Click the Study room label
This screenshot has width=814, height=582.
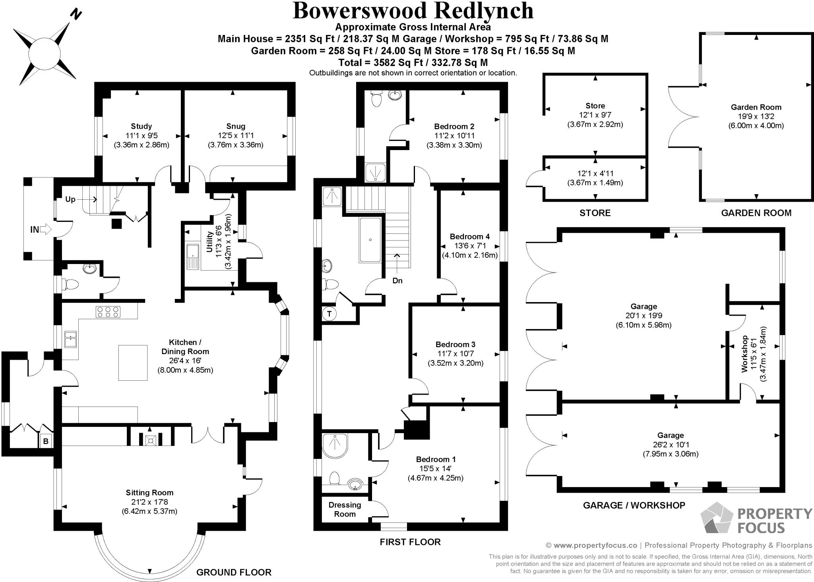(x=141, y=126)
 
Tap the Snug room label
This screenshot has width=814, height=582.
(x=235, y=126)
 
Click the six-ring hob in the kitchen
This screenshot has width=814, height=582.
(x=108, y=312)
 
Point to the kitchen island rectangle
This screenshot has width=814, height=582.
(x=133, y=362)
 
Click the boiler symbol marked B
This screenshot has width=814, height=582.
(x=46, y=441)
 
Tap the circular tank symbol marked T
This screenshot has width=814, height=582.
(x=329, y=314)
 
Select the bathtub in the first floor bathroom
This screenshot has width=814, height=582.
(x=370, y=240)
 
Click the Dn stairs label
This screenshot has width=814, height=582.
(x=397, y=281)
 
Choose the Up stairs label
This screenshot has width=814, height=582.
(x=70, y=199)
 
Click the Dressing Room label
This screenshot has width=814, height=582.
(x=345, y=509)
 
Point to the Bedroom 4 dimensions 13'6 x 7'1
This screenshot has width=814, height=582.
(x=469, y=246)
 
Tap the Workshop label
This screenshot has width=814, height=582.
(x=744, y=354)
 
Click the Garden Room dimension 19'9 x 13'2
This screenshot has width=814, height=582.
(x=756, y=116)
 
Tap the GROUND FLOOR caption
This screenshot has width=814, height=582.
(x=234, y=572)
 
